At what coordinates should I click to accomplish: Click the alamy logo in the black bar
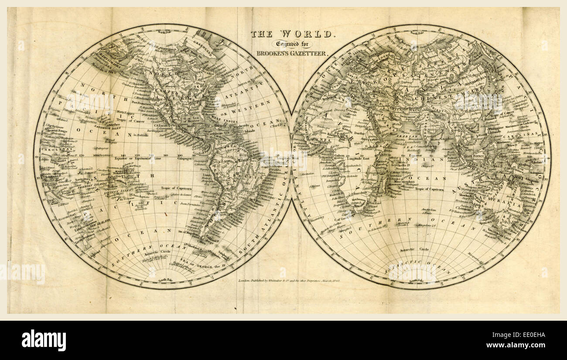coord(44,340)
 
